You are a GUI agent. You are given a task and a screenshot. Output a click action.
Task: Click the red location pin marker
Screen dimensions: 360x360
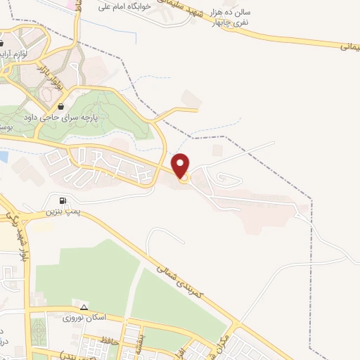point(182,165)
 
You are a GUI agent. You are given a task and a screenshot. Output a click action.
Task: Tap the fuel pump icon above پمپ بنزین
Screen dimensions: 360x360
point(64,200)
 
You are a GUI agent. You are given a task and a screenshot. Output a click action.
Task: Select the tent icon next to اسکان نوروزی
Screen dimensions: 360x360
point(84,307)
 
